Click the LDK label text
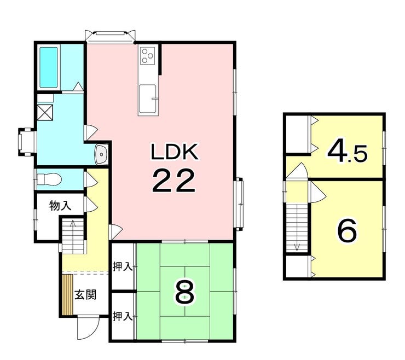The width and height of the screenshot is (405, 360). click(175, 152)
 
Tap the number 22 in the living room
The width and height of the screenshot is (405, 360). click(173, 181)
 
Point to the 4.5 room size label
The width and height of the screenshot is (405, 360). click(347, 152)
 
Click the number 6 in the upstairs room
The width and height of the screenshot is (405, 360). click(348, 231)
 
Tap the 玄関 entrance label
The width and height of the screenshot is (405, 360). click(85, 295)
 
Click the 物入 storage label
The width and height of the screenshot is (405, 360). click(60, 206)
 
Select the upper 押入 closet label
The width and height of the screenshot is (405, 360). click(123, 267)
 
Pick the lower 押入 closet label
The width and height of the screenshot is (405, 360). click(123, 316)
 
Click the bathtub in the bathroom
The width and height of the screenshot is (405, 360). click(48, 68)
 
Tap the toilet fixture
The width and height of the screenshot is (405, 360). click(49, 179)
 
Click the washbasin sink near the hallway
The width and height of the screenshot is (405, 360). click(101, 154)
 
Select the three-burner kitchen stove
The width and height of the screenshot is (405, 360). click(148, 55)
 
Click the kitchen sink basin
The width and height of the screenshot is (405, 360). click(147, 99)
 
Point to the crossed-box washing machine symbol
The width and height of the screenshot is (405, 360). click(45, 112)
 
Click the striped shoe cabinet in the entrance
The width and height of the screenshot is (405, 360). click(67, 294)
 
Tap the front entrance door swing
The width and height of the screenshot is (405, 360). click(89, 326)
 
